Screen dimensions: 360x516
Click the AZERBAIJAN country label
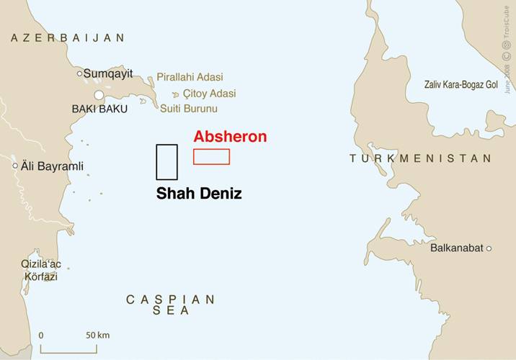pos(67,37)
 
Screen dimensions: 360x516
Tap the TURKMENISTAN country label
pos(420,158)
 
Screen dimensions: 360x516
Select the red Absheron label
pos(230,137)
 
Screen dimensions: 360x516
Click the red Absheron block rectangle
pos(211,157)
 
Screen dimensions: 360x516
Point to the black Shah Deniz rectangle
pos(166,162)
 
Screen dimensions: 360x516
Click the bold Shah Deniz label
pos(199,194)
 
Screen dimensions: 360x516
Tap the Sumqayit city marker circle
pos(80,73)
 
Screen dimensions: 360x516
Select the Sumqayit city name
pos(108,73)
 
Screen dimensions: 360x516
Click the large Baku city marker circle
pos(99,95)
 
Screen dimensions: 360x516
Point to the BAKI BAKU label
pos(99,109)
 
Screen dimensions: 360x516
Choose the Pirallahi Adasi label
pos(190,77)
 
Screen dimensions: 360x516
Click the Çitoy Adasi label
pos(209,94)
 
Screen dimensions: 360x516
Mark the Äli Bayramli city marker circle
pos(15,166)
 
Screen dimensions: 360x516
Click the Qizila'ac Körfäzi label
pos(39,271)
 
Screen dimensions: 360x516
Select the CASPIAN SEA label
pos(170,305)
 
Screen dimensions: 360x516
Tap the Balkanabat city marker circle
pos(489,248)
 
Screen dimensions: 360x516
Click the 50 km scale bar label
pos(97,336)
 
